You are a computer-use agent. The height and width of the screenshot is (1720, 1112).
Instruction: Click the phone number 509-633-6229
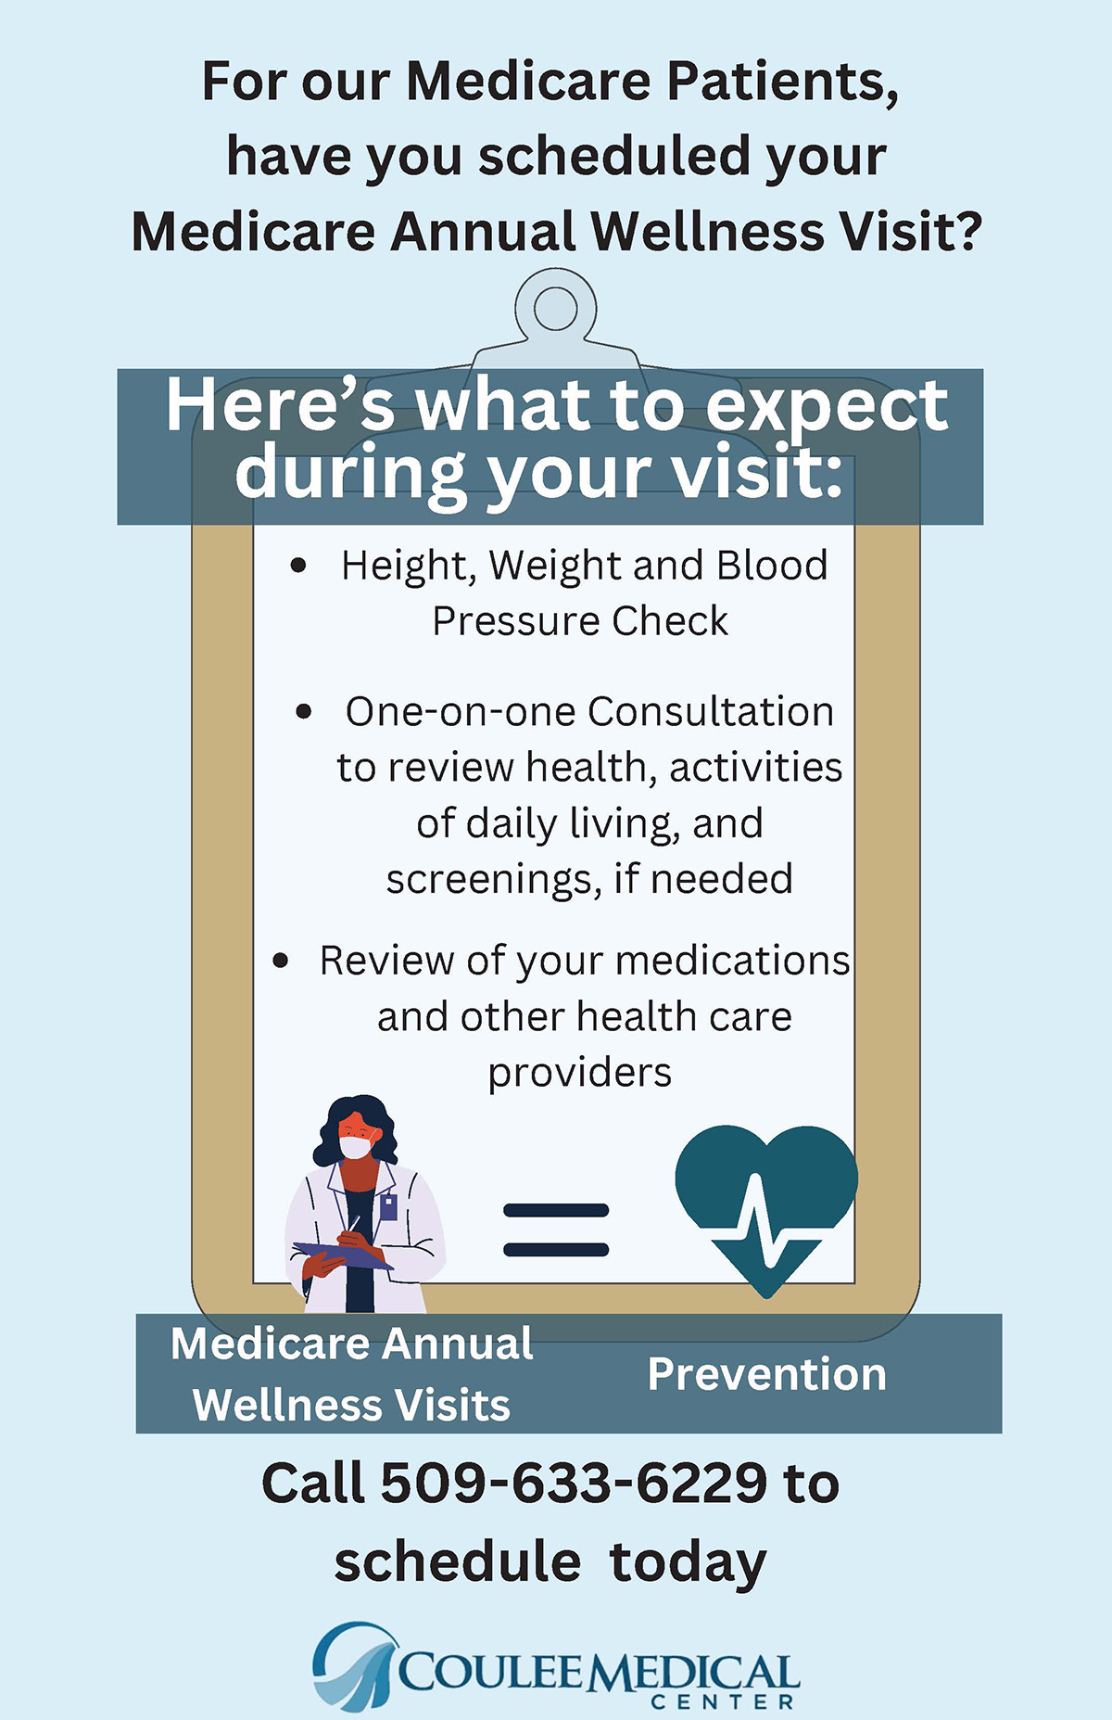574,1483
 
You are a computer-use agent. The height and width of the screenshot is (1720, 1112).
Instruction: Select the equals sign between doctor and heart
556,1229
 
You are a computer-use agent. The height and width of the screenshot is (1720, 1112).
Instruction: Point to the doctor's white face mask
356,1146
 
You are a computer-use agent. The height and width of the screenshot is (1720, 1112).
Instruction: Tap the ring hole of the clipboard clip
556,309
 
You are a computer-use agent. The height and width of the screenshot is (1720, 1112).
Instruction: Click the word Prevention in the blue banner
766,1374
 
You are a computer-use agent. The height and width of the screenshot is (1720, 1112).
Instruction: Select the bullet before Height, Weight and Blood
298,565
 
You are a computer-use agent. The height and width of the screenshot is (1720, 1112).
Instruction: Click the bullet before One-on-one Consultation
304,712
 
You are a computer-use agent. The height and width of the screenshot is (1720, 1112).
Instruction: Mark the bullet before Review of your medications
281,961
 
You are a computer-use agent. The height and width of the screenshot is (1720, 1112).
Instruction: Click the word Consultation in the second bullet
710,711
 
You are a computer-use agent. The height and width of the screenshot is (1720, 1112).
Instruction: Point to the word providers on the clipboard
580,1074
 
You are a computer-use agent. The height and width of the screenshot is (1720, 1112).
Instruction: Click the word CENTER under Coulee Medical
723,1701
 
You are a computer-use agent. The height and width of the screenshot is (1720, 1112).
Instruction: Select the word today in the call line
688,1564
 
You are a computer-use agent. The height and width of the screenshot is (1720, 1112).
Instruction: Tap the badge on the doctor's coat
389,1207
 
